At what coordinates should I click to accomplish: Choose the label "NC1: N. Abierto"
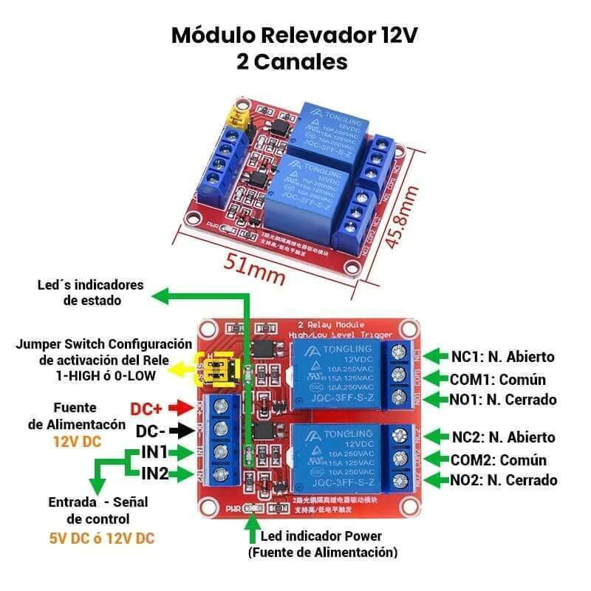point(502,358)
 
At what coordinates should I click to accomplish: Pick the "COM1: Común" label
point(498,380)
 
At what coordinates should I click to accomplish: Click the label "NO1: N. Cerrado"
point(503,400)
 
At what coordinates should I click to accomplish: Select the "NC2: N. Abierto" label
point(503,437)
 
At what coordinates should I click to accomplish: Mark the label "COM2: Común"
point(499,460)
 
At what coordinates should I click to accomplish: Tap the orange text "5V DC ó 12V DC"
point(102,538)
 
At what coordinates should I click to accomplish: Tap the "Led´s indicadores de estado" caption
point(92,293)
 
